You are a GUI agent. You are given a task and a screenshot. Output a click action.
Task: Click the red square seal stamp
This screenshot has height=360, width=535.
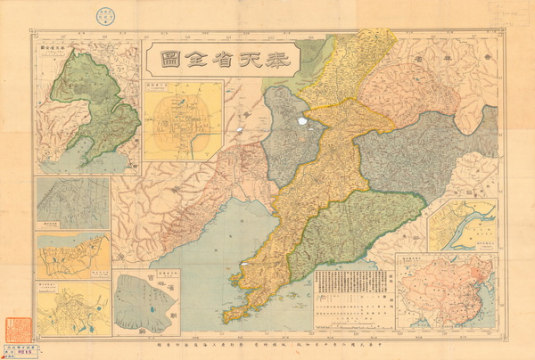[x=17, y=323]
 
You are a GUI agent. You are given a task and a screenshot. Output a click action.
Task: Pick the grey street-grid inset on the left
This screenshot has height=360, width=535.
[x=73, y=203]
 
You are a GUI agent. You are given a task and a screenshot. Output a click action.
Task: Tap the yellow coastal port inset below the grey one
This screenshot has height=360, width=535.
[x=73, y=256]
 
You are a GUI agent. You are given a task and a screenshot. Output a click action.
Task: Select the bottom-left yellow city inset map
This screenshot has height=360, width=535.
[x=73, y=308]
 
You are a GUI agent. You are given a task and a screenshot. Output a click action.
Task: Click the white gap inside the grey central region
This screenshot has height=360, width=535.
[x=303, y=119]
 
